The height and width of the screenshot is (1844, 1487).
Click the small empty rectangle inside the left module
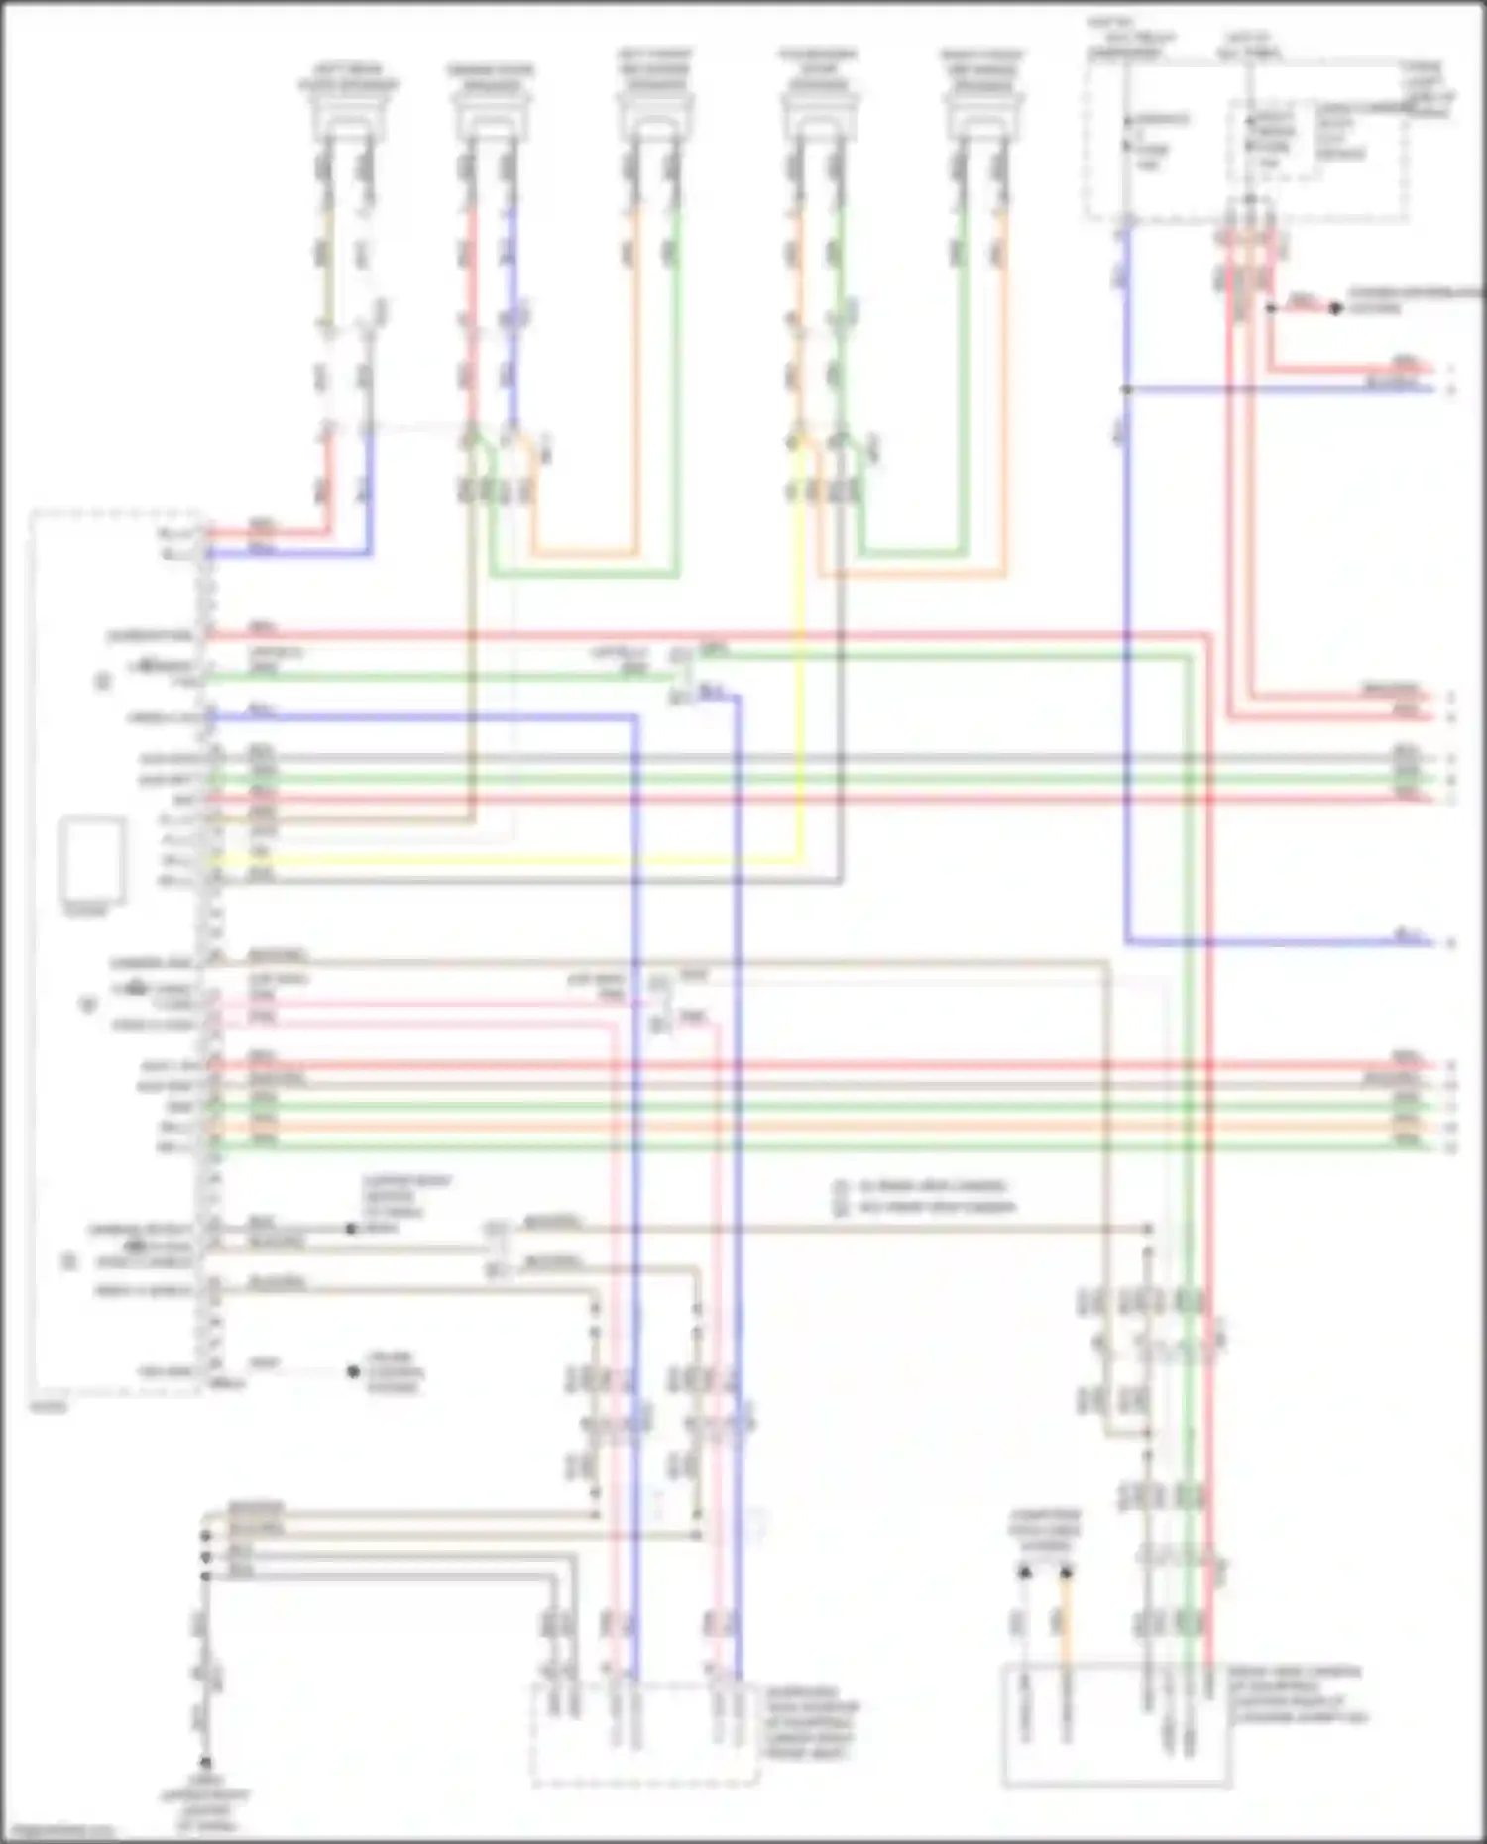(93, 859)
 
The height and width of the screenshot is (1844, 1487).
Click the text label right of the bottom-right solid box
(1299, 1693)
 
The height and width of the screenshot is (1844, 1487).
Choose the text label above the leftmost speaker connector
(348, 78)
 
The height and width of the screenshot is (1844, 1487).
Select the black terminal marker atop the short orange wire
(1067, 1572)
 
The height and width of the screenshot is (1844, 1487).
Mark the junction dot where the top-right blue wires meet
(1126, 389)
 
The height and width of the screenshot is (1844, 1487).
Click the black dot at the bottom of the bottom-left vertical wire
(206, 1762)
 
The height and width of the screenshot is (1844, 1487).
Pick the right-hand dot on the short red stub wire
(1335, 308)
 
